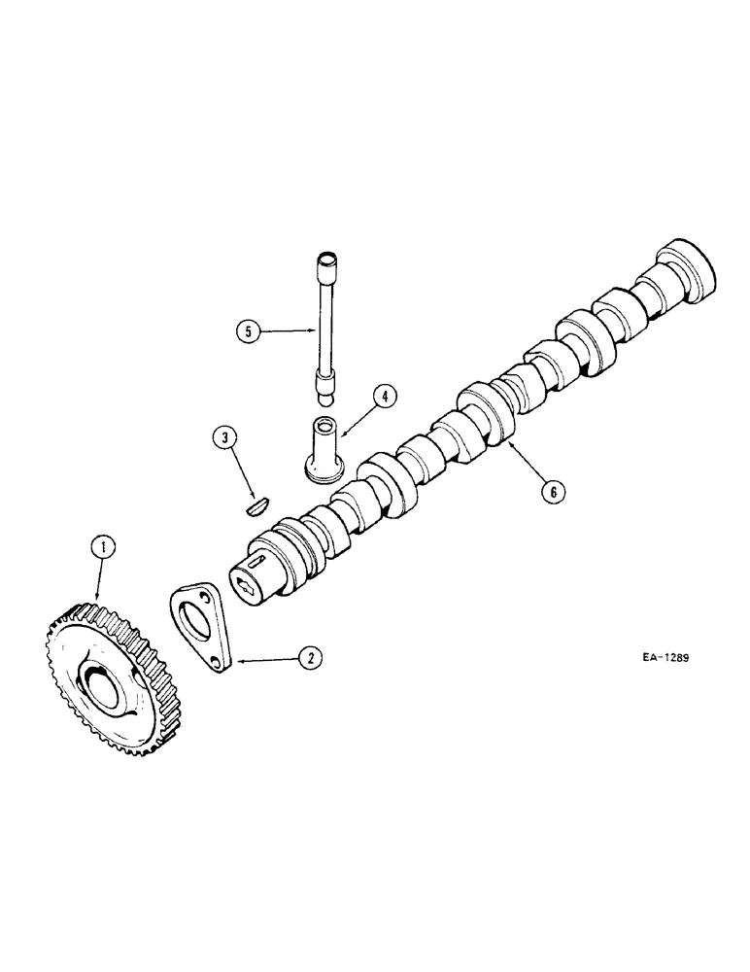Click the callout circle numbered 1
pos(99,548)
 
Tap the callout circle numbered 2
pos(309,658)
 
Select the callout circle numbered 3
pos(225,439)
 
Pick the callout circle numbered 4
pos(385,396)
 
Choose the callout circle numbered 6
pos(552,492)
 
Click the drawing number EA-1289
pos(665,657)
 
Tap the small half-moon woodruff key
pos(255,503)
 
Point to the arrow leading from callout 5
pos(290,331)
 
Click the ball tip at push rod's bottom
pos(327,397)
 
